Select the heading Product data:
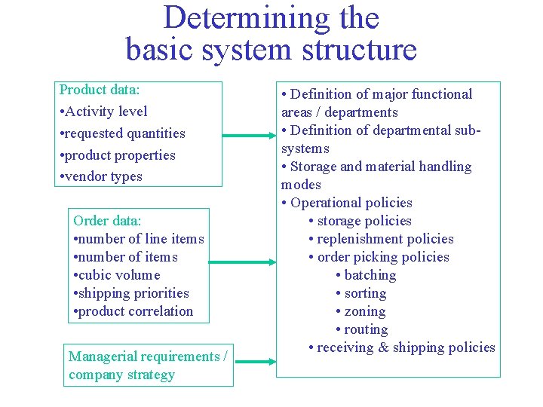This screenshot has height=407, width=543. [x=100, y=90]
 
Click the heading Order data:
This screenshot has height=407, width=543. [x=107, y=221]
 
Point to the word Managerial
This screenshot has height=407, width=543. [x=103, y=357]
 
